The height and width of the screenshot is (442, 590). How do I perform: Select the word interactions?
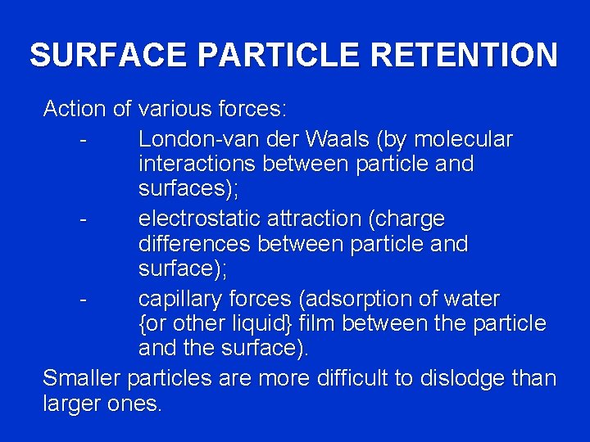[x=197, y=164]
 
